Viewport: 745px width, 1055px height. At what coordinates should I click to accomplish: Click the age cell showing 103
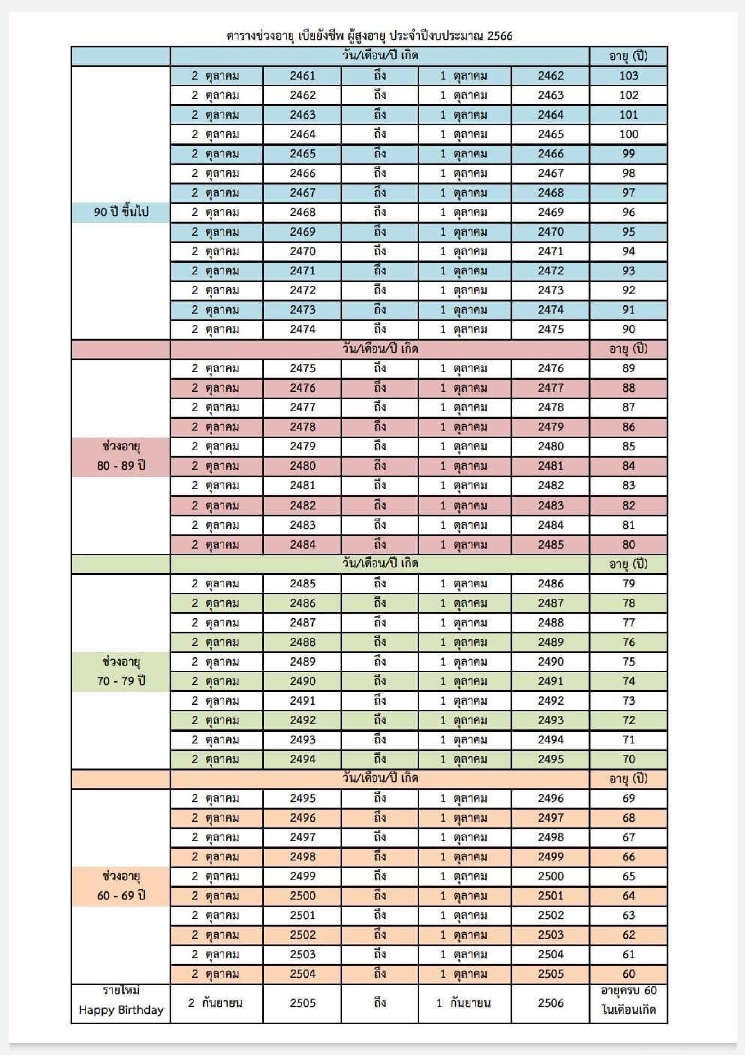coord(628,76)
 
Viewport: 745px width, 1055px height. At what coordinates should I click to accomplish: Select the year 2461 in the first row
coord(302,76)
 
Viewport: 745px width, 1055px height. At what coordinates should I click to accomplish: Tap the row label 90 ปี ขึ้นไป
coord(121,212)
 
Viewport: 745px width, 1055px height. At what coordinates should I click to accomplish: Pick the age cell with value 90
coord(628,330)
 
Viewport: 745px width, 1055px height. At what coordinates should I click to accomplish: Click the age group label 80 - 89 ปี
coord(121,466)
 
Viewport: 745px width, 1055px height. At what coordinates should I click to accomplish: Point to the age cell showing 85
coord(628,447)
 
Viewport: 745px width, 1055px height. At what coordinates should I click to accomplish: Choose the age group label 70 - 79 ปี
coord(121,681)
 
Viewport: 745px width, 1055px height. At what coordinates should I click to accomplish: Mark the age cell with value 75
coord(628,662)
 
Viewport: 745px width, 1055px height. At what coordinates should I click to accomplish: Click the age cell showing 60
coord(628,974)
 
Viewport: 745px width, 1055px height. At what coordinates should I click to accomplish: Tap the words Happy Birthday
coord(121,1010)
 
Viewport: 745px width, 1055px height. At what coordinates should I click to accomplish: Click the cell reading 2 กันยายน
coord(215,1003)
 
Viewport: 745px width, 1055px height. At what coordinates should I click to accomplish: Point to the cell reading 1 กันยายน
coord(463,1003)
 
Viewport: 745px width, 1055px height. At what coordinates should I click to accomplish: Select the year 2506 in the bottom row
coord(550,1003)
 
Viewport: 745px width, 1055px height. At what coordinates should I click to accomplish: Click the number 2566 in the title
coord(499,36)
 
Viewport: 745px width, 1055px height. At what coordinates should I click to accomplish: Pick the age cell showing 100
coord(628,134)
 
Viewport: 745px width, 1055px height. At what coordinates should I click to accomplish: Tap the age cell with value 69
coord(628,798)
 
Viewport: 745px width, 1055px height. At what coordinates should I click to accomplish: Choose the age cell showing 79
coord(628,584)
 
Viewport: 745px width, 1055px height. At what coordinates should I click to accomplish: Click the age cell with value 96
coord(628,212)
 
